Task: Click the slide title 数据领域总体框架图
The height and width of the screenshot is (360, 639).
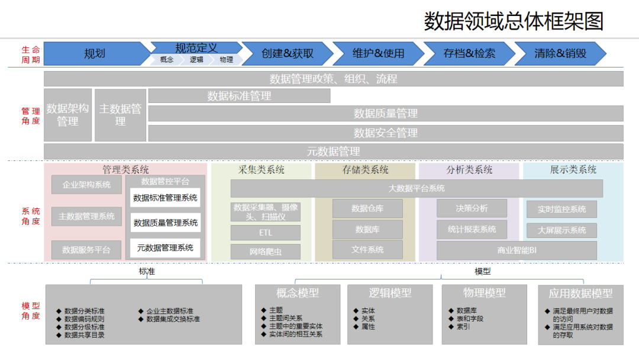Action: (x=514, y=21)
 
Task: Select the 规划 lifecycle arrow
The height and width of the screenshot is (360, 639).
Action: (x=95, y=53)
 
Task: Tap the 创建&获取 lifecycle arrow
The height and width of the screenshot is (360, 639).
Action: (x=288, y=53)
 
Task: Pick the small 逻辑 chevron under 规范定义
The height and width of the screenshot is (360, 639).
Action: (x=196, y=60)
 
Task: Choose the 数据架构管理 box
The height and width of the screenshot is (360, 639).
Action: (x=67, y=115)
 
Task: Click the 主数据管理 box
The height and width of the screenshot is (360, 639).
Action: (x=120, y=115)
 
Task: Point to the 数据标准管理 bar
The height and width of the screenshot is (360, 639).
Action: (x=239, y=96)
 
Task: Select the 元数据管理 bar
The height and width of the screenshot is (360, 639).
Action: (x=333, y=152)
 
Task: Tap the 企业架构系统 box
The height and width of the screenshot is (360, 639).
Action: (x=86, y=185)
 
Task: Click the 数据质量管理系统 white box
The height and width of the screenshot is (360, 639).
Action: (x=166, y=223)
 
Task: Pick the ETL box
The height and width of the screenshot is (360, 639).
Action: (x=266, y=233)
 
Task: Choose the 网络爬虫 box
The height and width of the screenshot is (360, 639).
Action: (x=266, y=252)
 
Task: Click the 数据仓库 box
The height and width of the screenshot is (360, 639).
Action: (x=367, y=208)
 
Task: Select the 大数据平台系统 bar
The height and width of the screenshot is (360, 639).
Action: (x=417, y=188)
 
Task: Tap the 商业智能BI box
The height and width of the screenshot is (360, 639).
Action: (x=517, y=250)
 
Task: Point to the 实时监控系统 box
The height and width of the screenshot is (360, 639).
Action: (x=561, y=209)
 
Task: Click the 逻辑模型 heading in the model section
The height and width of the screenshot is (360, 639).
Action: (x=390, y=292)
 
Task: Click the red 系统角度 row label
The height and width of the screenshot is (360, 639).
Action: (x=31, y=216)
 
